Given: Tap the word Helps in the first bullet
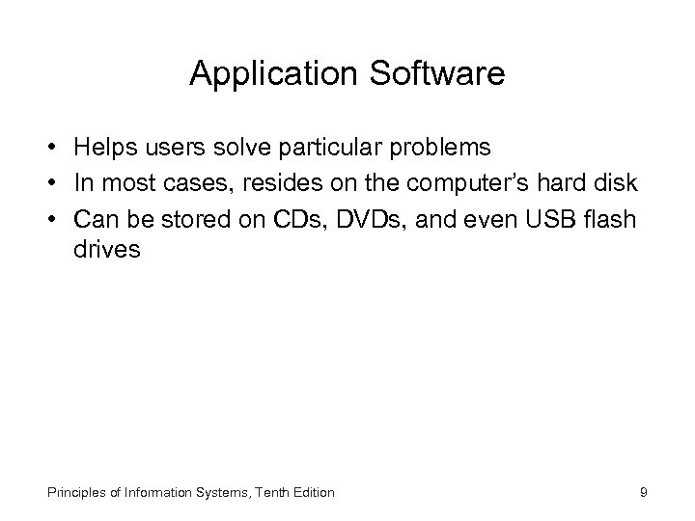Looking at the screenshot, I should tap(102, 149).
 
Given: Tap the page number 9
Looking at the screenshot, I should tap(643, 493).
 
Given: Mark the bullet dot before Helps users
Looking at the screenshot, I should tap(48, 150).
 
